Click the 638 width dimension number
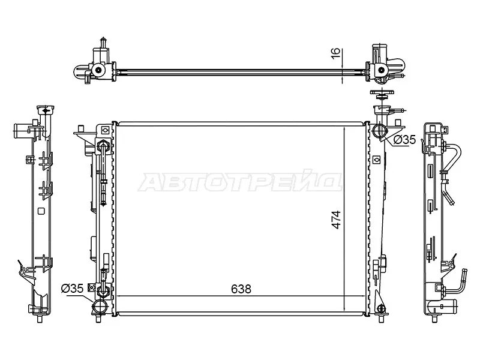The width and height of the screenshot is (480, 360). click(x=241, y=289)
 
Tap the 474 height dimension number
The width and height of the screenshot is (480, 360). click(x=336, y=220)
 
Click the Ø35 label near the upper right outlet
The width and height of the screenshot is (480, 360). click(x=404, y=140)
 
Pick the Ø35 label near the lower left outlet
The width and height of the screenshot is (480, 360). click(x=72, y=289)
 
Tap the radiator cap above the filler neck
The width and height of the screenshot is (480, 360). click(x=382, y=94)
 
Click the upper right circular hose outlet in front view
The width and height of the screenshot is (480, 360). click(x=379, y=131)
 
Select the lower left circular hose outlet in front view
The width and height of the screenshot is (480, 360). click(x=100, y=307)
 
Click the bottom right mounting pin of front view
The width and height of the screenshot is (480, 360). click(x=381, y=318)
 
